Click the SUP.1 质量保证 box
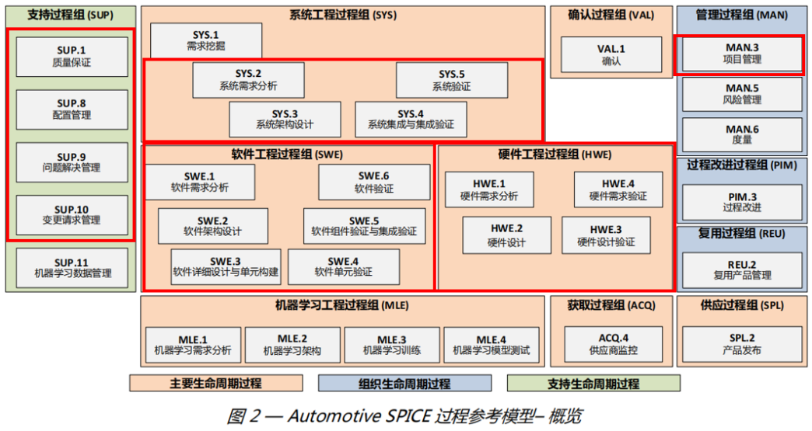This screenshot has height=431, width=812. tap(72, 56)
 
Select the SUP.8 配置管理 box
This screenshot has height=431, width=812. tap(72, 109)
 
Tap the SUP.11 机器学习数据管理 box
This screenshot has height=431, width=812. tap(72, 267)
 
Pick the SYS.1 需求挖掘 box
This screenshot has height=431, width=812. tap(205, 40)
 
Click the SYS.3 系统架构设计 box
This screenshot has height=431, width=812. tap(284, 119)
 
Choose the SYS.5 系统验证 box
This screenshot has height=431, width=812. tap(451, 80)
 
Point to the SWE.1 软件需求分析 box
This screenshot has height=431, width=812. tap(200, 182)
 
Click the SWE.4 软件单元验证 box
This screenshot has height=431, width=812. tap(343, 266)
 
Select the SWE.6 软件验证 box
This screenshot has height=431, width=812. tap(374, 182)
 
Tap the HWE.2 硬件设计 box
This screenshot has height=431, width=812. tap(506, 235)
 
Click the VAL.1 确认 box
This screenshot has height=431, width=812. tap(611, 54)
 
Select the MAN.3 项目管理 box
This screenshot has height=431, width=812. tap(742, 54)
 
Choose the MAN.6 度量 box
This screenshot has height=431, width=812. tap(742, 134)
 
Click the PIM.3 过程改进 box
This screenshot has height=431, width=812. tap(742, 202)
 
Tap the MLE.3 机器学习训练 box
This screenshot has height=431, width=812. tap(392, 345)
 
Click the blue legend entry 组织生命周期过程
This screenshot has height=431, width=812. tap(404, 384)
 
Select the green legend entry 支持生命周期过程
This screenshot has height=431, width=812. tap(593, 384)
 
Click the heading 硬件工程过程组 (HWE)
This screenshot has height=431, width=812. tap(555, 155)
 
